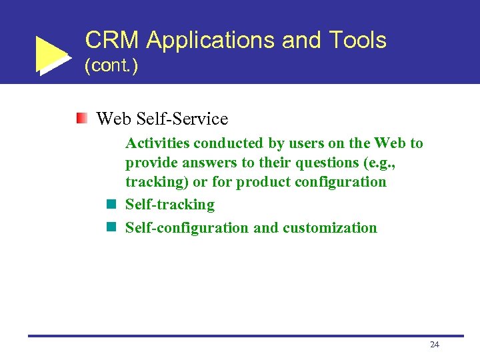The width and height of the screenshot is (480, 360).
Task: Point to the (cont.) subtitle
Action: (111, 67)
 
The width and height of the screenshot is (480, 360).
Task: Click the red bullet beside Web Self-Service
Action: (81, 119)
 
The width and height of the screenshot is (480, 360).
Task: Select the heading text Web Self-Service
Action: (162, 119)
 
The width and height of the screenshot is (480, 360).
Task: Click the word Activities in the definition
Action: (158, 143)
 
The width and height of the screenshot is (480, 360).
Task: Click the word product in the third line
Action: (261, 182)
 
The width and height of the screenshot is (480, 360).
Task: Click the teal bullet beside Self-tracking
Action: (111, 205)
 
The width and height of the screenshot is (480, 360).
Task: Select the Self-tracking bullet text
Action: (170, 205)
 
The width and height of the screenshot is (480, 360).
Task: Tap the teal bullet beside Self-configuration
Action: (111, 227)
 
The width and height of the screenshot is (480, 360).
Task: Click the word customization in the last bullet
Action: (329, 228)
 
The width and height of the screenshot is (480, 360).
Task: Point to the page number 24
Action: (435, 345)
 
